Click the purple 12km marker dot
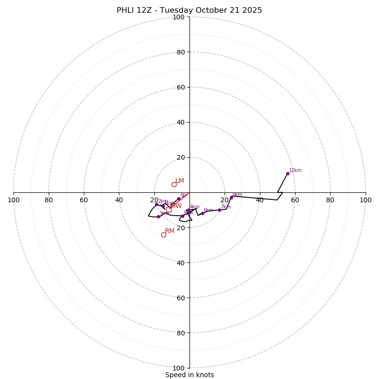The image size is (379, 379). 288,173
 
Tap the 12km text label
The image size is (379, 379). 295,171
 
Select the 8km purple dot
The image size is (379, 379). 232,198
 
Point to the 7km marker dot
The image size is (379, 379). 219,210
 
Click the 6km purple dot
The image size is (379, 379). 202,213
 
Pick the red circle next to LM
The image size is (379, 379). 174,184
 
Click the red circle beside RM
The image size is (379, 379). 163,235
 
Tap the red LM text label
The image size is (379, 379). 180,181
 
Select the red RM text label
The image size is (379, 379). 170,231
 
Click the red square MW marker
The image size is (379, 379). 169,208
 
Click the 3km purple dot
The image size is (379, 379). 158,217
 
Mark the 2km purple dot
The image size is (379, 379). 156,204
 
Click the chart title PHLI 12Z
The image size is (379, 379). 189,10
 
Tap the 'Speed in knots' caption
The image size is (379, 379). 189,375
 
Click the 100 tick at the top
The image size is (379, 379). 179,17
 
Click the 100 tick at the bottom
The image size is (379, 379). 179,368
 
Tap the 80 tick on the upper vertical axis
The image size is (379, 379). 180,52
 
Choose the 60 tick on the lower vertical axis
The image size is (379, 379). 180,298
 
